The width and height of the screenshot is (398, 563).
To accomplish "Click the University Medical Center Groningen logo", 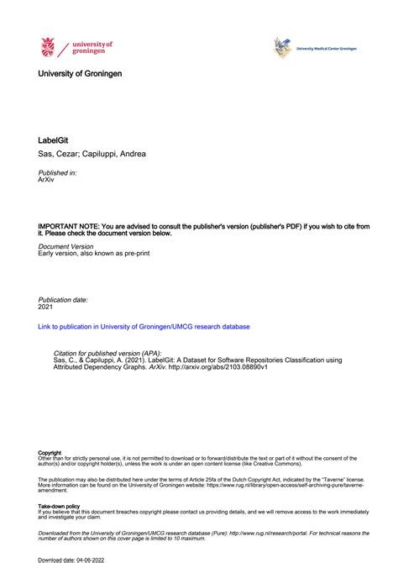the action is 283,48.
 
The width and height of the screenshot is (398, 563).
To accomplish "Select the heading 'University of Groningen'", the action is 80,74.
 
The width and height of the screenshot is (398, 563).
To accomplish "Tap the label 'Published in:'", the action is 58,172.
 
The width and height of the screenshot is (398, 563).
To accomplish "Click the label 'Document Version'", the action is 66,247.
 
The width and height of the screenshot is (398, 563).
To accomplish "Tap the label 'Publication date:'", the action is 64,299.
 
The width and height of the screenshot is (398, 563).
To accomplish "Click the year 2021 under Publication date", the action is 47,307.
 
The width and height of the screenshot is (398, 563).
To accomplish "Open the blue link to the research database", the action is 144,327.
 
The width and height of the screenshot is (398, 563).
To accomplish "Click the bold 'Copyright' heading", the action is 50,453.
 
